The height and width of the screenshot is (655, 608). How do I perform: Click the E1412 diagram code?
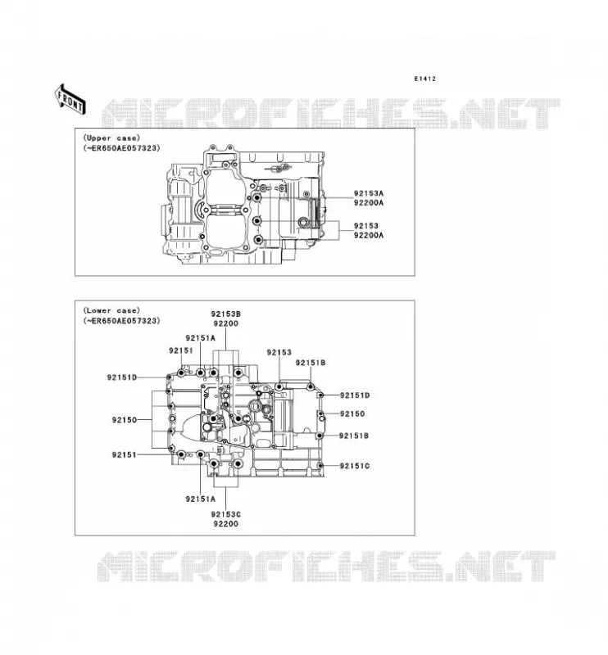424,79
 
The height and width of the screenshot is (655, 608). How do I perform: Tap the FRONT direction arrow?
70,100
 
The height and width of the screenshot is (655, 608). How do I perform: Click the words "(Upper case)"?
111,138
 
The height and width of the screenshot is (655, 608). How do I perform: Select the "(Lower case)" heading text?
111,310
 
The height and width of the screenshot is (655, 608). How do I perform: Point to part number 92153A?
369,193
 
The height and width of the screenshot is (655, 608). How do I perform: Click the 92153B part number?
225,314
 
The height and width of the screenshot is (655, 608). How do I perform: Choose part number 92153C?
225,514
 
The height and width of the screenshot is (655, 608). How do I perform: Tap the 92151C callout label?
355,466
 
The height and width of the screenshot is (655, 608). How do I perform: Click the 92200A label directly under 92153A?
369,203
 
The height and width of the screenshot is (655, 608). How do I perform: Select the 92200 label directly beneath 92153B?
226,323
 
